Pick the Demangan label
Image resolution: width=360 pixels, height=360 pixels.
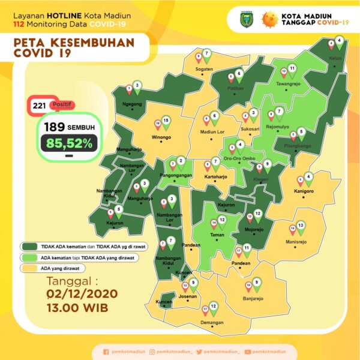point(211,322)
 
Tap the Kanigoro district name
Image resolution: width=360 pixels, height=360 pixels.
point(305,191)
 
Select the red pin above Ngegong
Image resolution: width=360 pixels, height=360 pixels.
point(128,89)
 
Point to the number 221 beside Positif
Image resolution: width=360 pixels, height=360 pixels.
point(40,106)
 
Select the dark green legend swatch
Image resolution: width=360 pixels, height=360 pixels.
point(28,246)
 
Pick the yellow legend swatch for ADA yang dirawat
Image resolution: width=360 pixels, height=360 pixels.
point(28,268)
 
